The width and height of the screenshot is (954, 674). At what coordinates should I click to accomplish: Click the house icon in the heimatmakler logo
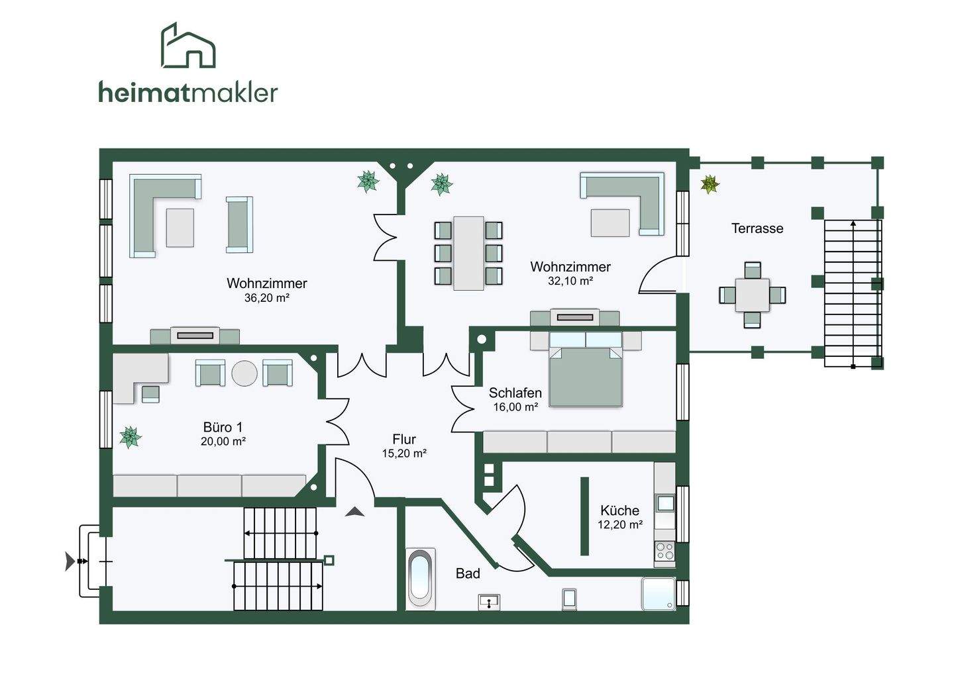click(188, 46)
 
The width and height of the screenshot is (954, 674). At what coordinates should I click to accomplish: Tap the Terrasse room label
click(757, 228)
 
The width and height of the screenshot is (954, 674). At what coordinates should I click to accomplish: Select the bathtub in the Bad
click(421, 579)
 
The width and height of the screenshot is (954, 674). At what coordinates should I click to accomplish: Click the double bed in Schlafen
click(586, 375)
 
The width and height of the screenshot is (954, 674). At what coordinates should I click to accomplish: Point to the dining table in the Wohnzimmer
click(468, 253)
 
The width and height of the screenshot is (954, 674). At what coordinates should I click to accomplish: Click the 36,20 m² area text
click(266, 298)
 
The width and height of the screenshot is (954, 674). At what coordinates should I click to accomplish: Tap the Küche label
click(619, 510)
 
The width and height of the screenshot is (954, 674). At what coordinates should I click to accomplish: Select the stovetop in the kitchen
click(664, 551)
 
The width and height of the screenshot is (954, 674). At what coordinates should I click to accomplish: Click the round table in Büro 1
click(244, 373)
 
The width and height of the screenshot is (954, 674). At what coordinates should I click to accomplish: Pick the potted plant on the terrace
click(710, 184)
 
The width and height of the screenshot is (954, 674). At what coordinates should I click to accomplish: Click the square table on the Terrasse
click(752, 295)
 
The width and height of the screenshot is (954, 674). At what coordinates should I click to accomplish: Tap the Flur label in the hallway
click(404, 439)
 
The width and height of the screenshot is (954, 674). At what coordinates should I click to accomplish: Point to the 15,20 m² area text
click(404, 454)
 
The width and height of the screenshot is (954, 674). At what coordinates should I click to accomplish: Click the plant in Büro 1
click(131, 437)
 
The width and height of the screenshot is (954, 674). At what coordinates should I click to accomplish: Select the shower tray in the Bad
click(659, 594)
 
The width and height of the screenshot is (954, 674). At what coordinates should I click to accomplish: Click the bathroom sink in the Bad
click(489, 602)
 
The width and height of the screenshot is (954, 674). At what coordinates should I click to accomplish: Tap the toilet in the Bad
click(569, 599)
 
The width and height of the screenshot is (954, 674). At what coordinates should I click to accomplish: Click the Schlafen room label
click(515, 393)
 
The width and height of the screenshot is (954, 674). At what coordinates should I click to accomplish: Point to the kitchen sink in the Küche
click(665, 503)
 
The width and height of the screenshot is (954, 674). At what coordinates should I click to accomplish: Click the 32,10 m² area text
click(570, 281)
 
